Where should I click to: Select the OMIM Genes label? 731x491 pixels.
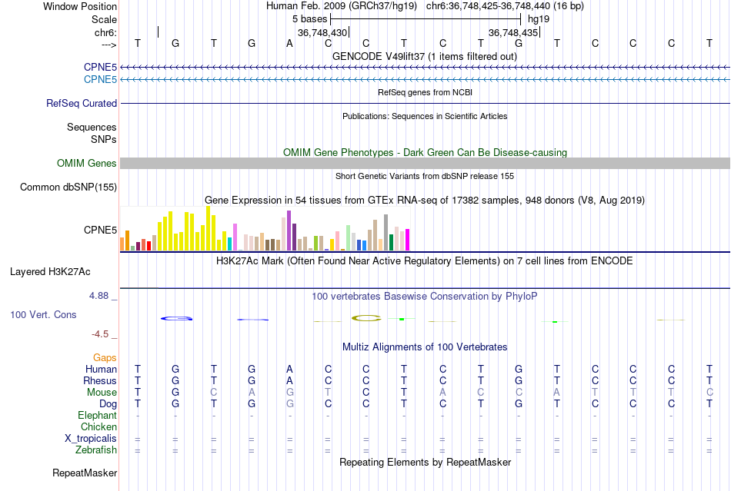87,163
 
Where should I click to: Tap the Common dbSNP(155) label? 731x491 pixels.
68,187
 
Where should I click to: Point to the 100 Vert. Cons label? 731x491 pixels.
43,314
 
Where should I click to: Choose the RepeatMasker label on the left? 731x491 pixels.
85,473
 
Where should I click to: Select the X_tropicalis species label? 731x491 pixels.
91,438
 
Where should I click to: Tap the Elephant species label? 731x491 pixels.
98,415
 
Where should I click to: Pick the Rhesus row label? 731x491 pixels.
100,380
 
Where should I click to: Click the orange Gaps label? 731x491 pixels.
105,357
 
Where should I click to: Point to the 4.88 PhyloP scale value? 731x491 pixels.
103,295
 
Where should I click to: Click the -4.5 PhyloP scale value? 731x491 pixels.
105,334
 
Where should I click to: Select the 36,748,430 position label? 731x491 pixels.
322,32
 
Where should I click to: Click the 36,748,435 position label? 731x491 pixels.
513,32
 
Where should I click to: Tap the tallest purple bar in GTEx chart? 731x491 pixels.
289,231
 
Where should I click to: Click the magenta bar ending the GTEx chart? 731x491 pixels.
407,240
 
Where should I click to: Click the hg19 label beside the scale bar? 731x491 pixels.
539,18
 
